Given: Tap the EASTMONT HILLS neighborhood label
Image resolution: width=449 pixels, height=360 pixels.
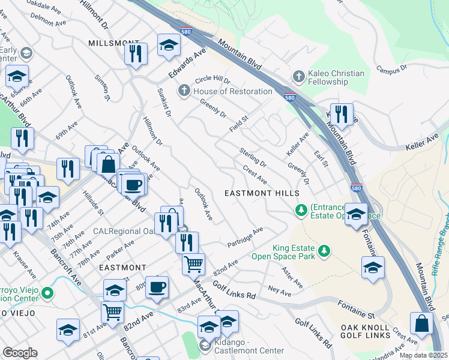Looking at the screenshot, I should pos(262,193).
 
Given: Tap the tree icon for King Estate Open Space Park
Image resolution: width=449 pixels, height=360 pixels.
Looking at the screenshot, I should pos(324,250).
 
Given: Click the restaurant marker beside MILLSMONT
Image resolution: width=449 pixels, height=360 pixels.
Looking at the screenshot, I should pos(136,53).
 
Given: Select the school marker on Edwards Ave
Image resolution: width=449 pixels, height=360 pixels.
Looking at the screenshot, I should pos(169,44).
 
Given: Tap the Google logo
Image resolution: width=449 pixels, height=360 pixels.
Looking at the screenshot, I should pos(20,353).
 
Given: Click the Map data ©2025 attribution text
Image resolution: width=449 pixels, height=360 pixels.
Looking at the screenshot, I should pos(423,355).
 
